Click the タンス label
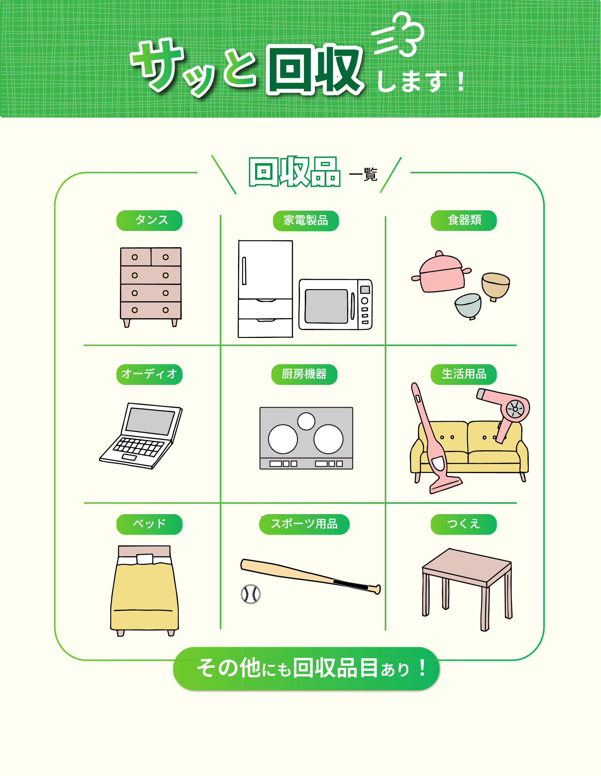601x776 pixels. (149, 220)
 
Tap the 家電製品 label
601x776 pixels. (306, 221)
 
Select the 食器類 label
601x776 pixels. (464, 220)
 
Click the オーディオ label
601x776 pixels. (149, 374)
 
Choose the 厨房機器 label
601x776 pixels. (304, 374)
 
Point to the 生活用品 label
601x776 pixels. (464, 374)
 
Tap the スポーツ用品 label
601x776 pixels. (304, 524)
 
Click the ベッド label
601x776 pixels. (149, 524)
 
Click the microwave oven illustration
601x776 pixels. (336, 304)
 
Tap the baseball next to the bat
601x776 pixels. (250, 594)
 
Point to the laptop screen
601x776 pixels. (150, 421)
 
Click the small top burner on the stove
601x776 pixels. (306, 421)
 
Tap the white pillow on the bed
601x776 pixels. (145, 559)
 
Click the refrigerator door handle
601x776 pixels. (244, 271)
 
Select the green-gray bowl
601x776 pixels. (468, 306)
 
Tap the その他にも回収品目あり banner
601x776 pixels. (306, 669)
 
